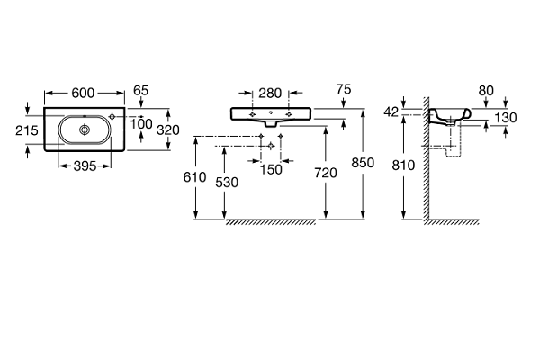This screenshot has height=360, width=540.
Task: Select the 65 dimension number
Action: [141, 91]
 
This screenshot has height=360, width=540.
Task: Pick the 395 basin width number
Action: [85, 167]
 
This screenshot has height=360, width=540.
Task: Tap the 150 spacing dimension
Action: [271, 168]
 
